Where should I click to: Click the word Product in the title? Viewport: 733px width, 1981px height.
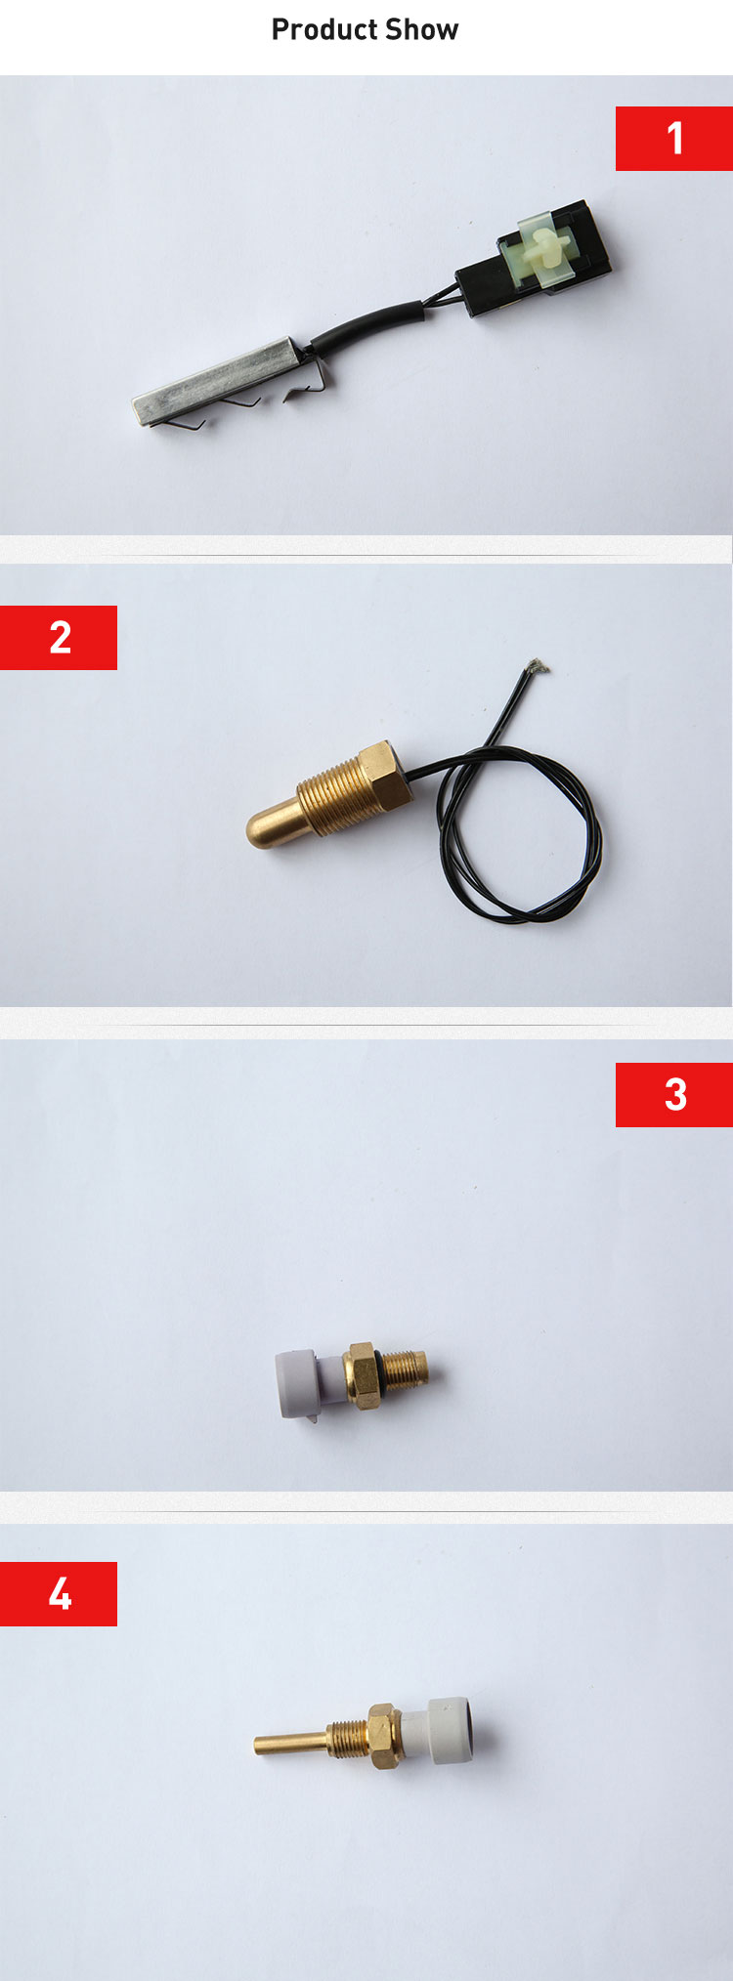318,30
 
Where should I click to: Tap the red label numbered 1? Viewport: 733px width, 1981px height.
674,139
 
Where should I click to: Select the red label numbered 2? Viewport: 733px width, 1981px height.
59,638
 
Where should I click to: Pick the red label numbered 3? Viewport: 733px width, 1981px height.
674,1095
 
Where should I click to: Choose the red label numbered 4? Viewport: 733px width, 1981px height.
59,1594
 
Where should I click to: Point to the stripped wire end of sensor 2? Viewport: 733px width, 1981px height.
537,667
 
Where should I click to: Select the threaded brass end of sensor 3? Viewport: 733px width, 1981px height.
408,1370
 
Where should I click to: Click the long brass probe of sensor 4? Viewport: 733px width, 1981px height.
289,1743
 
